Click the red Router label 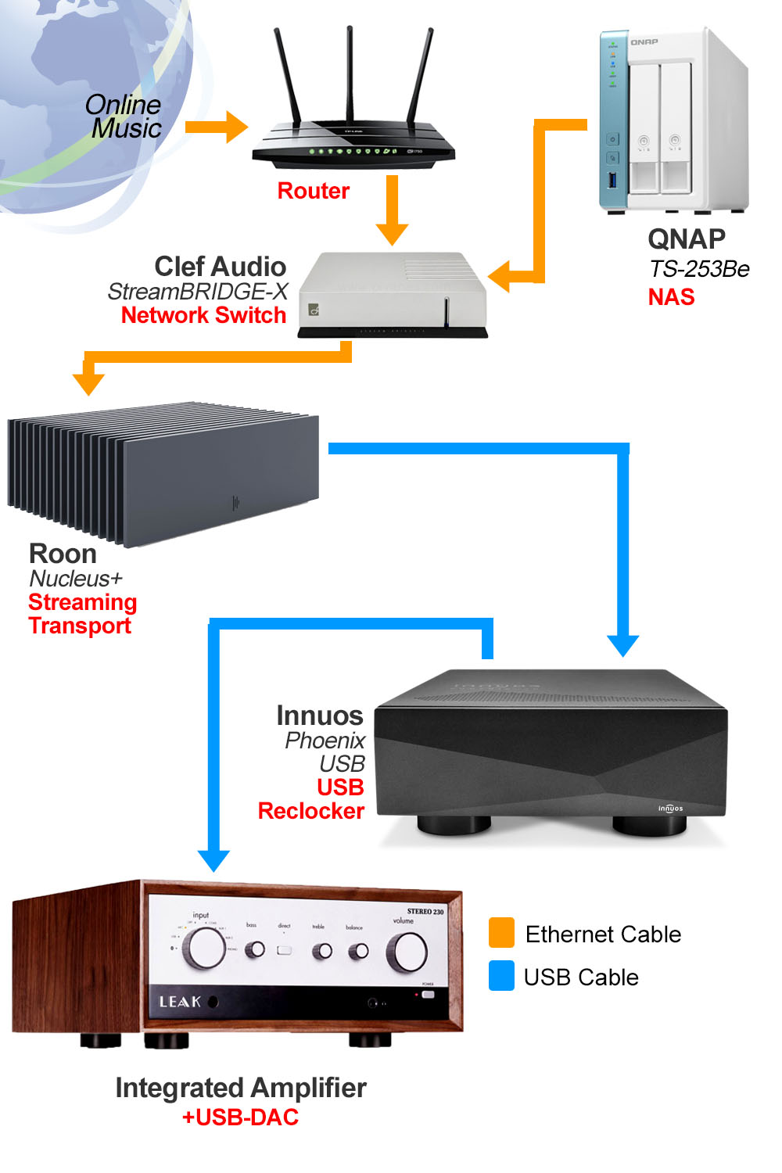click(x=314, y=191)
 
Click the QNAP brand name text click(x=687, y=239)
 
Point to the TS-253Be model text click(x=699, y=269)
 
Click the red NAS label click(x=671, y=297)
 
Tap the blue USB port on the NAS click(x=612, y=181)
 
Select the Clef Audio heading click(x=221, y=267)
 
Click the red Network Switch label click(x=203, y=315)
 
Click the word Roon click(x=63, y=554)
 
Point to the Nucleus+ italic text click(x=76, y=579)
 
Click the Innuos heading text click(x=320, y=716)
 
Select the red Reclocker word click(x=311, y=811)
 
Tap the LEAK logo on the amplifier click(x=181, y=1002)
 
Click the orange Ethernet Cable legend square click(x=501, y=932)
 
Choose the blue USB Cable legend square click(x=501, y=976)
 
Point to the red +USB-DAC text click(x=240, y=1117)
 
